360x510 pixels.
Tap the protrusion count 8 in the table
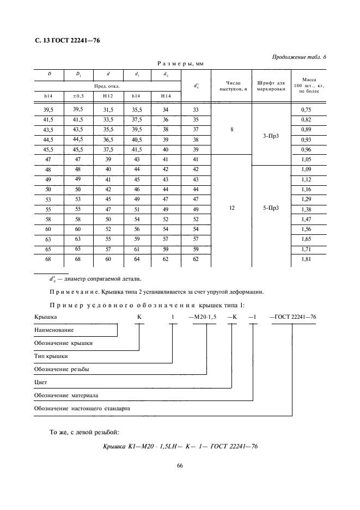tap(231, 130)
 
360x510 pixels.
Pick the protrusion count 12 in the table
tap(231, 209)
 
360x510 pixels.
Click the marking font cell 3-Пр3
tap(271, 135)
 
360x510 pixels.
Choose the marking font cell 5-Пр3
tap(271, 209)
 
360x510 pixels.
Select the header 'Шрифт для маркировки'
tap(271, 86)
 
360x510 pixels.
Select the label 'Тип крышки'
tap(51, 356)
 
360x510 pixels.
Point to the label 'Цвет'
tap(40, 382)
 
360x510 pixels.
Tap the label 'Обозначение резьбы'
tap(62, 369)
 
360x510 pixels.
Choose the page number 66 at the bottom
tap(180, 466)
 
